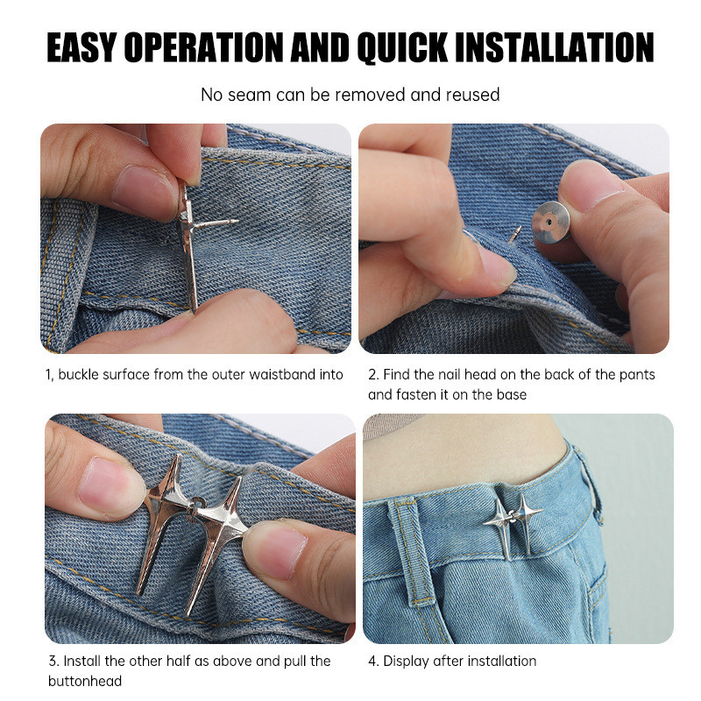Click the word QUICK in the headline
[403, 47]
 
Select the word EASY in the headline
[81, 47]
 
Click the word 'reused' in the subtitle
[472, 95]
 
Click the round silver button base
[551, 223]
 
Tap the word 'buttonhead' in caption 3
[85, 681]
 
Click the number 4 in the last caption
[372, 661]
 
